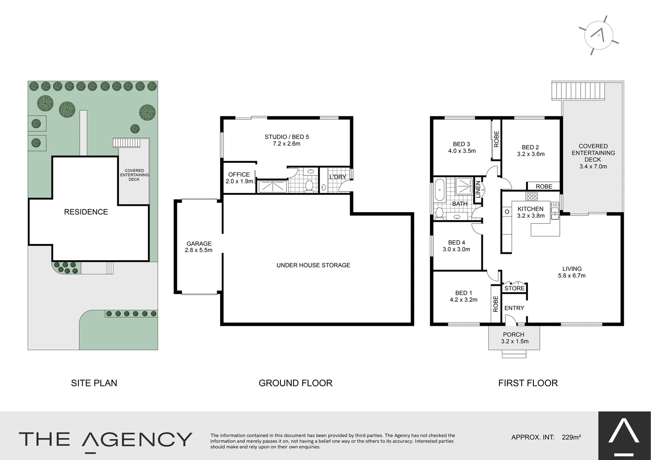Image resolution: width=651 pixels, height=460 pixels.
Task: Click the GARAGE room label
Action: pyautogui.click(x=199, y=244)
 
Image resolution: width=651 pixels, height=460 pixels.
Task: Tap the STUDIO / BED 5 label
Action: pyautogui.click(x=287, y=137)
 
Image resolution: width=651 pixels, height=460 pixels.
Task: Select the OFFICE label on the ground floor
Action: pyautogui.click(x=239, y=175)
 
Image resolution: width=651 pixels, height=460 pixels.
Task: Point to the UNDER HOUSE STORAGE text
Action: pyautogui.click(x=313, y=265)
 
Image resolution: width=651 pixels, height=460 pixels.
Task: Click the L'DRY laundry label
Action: pyautogui.click(x=337, y=177)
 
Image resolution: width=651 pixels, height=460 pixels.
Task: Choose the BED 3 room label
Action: pyautogui.click(x=461, y=144)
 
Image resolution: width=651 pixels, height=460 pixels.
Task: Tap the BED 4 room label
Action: pyautogui.click(x=456, y=243)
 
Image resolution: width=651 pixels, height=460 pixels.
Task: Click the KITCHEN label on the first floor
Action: pyautogui.click(x=530, y=209)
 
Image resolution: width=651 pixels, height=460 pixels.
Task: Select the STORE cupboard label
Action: pyautogui.click(x=514, y=288)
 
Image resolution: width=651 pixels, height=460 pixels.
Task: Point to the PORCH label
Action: pyautogui.click(x=513, y=335)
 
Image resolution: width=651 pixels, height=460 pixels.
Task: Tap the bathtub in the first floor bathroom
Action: pyautogui.click(x=439, y=190)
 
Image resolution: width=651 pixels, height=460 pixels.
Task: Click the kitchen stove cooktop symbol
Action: pyautogui.click(x=531, y=196)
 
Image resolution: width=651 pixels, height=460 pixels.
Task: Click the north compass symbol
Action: pyautogui.click(x=599, y=35)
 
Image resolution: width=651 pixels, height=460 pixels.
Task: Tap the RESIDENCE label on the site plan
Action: pyautogui.click(x=86, y=212)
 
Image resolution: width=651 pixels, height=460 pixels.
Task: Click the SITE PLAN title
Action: pyautogui.click(x=94, y=383)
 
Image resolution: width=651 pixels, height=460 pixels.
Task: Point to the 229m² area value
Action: pyautogui.click(x=571, y=437)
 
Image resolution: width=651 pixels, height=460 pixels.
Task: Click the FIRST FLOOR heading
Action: pyautogui.click(x=528, y=383)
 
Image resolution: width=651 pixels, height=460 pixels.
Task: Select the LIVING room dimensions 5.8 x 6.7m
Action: pyautogui.click(x=572, y=276)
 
